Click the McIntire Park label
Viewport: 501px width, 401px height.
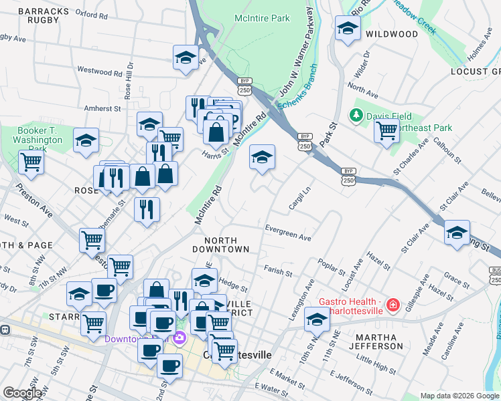[x=261, y=19]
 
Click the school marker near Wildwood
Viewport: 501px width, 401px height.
[x=347, y=29]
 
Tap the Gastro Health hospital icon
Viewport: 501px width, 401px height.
[x=392, y=305]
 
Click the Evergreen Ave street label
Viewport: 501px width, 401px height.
[x=288, y=237]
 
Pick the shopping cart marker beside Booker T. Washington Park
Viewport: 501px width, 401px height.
[x=31, y=161]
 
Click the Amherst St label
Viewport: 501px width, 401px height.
[x=102, y=108]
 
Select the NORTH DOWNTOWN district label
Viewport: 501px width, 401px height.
[x=226, y=245]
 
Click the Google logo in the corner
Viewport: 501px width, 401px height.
[x=22, y=393]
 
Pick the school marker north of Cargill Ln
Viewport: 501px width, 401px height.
[x=262, y=157]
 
